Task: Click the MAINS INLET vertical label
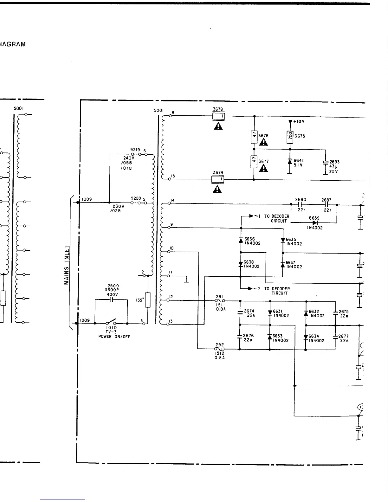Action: point(67,265)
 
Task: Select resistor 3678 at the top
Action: point(218,116)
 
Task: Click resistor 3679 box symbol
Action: point(218,180)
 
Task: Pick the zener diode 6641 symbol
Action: point(289,161)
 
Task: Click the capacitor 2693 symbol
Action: point(325,163)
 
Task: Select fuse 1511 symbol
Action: point(220,301)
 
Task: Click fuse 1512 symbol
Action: point(220,349)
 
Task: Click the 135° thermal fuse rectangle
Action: point(148,300)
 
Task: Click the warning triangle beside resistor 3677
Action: point(263,168)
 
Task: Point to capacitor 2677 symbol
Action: point(335,337)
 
